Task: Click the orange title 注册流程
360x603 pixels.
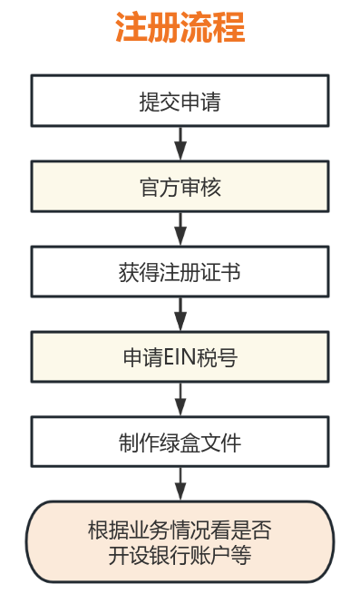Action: pyautogui.click(x=180, y=28)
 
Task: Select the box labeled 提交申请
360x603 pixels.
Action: pyautogui.click(x=180, y=101)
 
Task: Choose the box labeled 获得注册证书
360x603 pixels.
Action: pyautogui.click(x=180, y=271)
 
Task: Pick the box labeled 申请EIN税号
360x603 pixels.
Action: pyautogui.click(x=180, y=357)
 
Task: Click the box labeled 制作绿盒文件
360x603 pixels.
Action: pyautogui.click(x=180, y=443)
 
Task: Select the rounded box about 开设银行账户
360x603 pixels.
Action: pyautogui.click(x=180, y=541)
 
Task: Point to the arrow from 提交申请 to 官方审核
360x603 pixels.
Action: pyautogui.click(x=180, y=143)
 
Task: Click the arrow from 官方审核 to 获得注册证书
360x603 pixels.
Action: pyautogui.click(x=180, y=229)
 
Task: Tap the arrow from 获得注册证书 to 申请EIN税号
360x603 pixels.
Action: pyautogui.click(x=180, y=314)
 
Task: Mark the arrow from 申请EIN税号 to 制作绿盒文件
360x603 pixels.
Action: pyautogui.click(x=180, y=400)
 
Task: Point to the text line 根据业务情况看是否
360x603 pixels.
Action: pyautogui.click(x=180, y=530)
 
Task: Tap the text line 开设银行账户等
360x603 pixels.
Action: pyautogui.click(x=180, y=555)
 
